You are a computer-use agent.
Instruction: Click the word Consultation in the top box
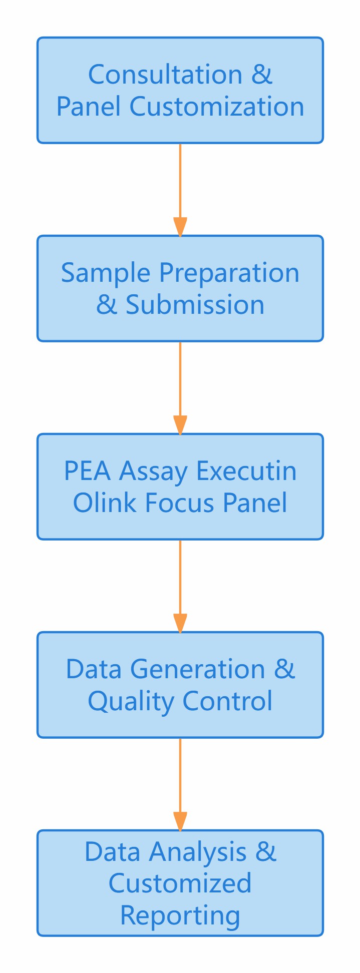[x=165, y=75]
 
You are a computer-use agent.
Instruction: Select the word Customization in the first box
[x=217, y=107]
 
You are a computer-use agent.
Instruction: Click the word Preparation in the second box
[x=229, y=273]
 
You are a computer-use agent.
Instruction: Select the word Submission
[x=195, y=305]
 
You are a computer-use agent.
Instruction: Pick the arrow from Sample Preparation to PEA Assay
[x=180, y=387]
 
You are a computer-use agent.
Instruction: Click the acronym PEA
[x=88, y=471]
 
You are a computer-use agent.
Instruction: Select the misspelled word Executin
[x=246, y=471]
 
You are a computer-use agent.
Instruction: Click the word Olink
[x=106, y=503]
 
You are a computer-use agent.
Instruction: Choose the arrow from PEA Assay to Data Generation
[x=180, y=586]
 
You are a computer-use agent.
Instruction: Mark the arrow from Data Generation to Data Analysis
[x=180, y=784]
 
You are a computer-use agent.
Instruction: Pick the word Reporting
[x=180, y=915]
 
